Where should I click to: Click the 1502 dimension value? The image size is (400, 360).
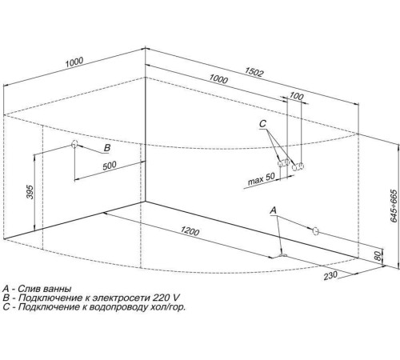[x=254, y=72]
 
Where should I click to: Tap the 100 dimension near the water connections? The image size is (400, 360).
[x=297, y=96]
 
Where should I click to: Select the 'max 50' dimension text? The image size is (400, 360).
[x=261, y=179]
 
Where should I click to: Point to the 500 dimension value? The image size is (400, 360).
[x=110, y=166]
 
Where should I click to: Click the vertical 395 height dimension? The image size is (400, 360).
[x=30, y=192]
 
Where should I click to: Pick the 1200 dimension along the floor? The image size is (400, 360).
[x=190, y=230]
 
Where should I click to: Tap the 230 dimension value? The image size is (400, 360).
[x=330, y=275]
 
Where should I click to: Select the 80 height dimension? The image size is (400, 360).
[x=378, y=256]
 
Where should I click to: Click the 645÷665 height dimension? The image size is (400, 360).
[x=394, y=206]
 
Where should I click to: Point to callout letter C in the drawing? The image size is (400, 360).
[x=262, y=124]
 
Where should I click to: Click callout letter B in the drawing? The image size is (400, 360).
[x=107, y=148]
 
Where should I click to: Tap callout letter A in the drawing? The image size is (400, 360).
[x=274, y=210]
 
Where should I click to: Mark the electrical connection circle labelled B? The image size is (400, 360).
[x=74, y=144]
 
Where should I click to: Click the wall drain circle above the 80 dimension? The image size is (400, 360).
[x=315, y=231]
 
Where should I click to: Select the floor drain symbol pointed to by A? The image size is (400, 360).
[x=282, y=256]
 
